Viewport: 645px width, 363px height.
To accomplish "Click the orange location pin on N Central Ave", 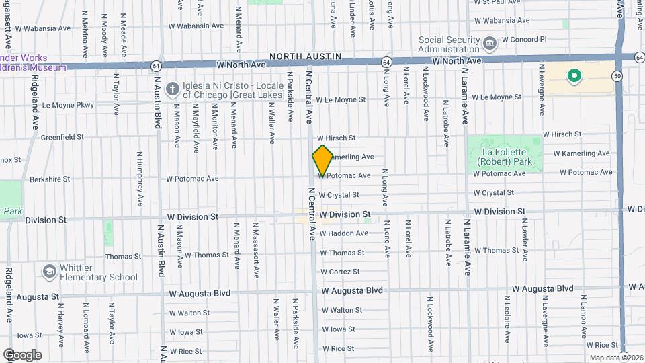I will pyautogui.click(x=322, y=161).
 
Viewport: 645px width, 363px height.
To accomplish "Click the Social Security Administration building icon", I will pyautogui.click(x=490, y=44).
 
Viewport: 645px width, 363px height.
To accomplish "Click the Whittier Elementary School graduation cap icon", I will pyautogui.click(x=48, y=272).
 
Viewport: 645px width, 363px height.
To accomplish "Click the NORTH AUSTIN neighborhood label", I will pyautogui.click(x=306, y=56).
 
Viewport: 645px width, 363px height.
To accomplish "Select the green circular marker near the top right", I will pyautogui.click(x=574, y=76).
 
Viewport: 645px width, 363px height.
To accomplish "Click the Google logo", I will pyautogui.click(x=22, y=355).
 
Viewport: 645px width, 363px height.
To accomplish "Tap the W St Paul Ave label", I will pyautogui.click(x=501, y=3).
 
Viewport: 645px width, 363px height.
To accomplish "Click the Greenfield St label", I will pyautogui.click(x=62, y=137).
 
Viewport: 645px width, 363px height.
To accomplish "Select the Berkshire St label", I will pyautogui.click(x=50, y=179).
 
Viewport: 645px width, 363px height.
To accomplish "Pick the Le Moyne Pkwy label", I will pyautogui.click(x=68, y=105).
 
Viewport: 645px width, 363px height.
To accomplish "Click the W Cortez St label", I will pyautogui.click(x=340, y=272).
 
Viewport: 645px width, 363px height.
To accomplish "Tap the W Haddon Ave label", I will pyautogui.click(x=344, y=233).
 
